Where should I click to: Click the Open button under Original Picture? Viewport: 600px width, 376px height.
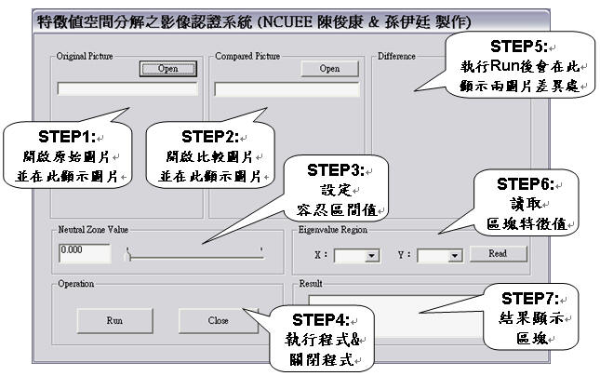pyautogui.click(x=168, y=69)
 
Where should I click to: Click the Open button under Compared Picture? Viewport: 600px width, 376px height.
pyautogui.click(x=329, y=69)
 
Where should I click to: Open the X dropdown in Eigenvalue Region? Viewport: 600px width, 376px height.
pyautogui.click(x=373, y=254)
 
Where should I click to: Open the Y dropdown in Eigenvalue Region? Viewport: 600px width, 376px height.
pyautogui.click(x=455, y=254)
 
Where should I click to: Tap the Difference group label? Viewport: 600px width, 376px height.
pyautogui.click(x=397, y=56)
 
